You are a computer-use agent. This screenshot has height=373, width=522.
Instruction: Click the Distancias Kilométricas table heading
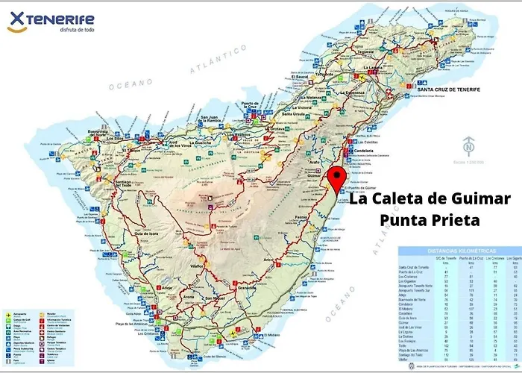[457, 250]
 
